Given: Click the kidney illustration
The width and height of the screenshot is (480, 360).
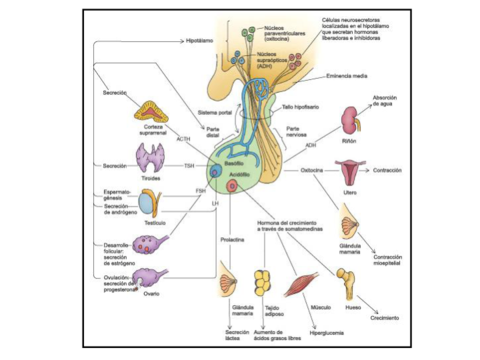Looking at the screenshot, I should pos(349,121).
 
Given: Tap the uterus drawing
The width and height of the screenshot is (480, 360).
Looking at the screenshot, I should pos(349,170).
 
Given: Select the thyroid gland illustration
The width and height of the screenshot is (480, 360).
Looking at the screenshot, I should pos(151,160).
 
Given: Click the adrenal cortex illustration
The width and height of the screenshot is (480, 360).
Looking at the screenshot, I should pos(153,109).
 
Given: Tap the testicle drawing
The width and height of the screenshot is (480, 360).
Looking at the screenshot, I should pos(150,204).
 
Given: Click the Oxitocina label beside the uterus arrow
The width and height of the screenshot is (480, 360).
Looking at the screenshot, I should pos(312,170).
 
